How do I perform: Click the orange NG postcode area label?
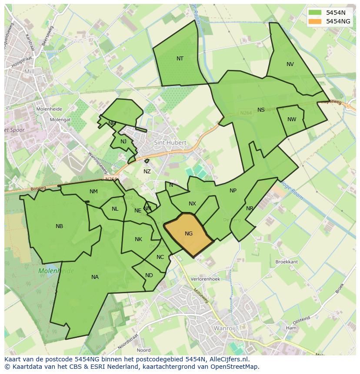[188, 234]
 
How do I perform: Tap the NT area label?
[180, 59]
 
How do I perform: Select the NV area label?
[290, 64]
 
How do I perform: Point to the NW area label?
[292, 119]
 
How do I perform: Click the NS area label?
[261, 110]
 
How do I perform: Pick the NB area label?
[60, 226]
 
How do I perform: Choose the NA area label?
[95, 277]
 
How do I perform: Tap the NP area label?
[233, 191]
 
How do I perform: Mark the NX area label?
[192, 204]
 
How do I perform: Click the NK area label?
[138, 239]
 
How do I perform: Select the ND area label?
[149, 275]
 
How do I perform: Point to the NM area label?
[93, 192]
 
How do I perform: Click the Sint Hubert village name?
[170, 142]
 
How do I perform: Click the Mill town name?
[29, 71]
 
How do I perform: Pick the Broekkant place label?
[287, 262]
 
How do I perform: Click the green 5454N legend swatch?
[315, 13]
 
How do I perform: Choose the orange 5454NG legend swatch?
[315, 21]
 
